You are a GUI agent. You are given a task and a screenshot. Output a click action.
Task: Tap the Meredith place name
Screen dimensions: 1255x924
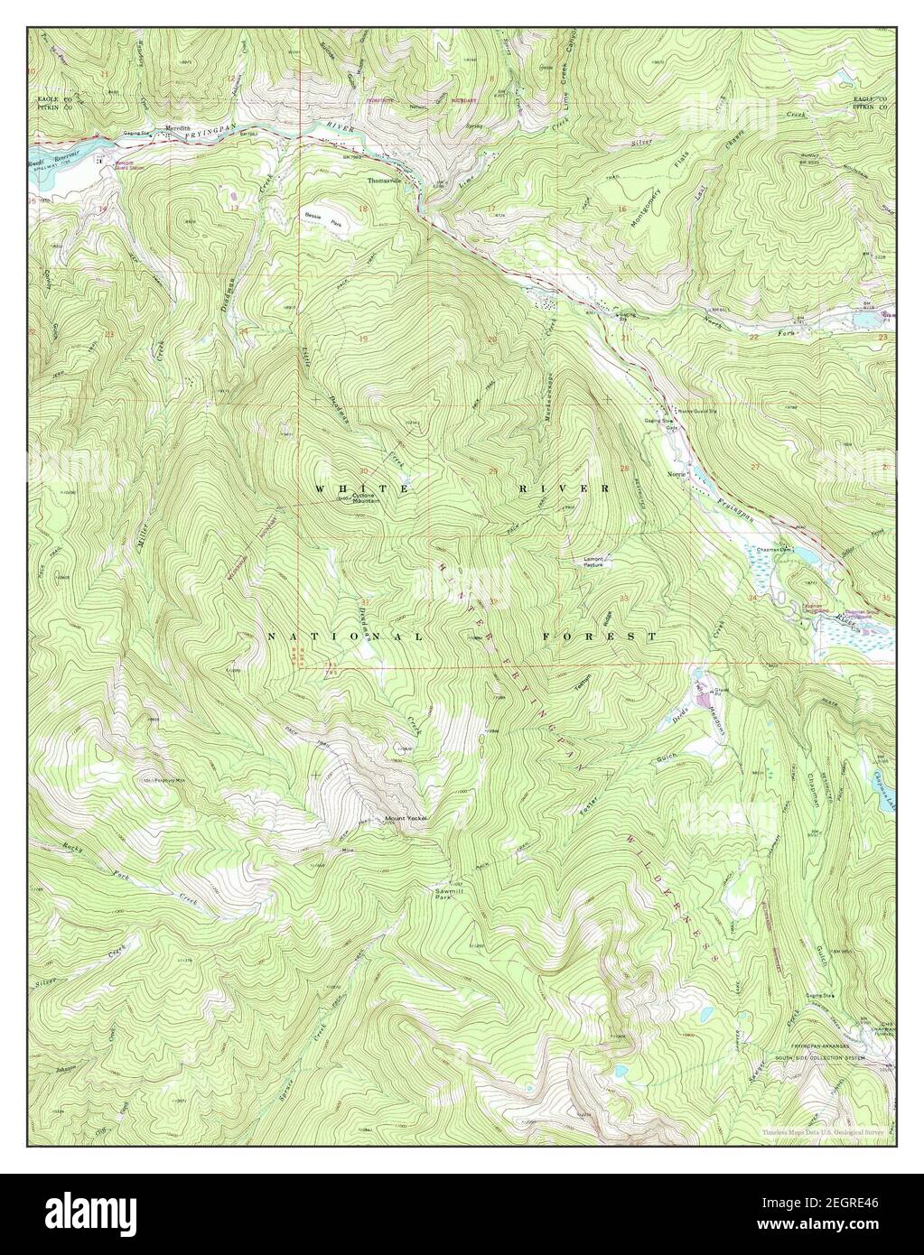178,128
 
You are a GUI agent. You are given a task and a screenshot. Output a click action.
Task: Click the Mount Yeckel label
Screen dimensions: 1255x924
405,820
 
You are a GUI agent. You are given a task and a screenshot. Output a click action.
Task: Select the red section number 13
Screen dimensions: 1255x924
234,209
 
